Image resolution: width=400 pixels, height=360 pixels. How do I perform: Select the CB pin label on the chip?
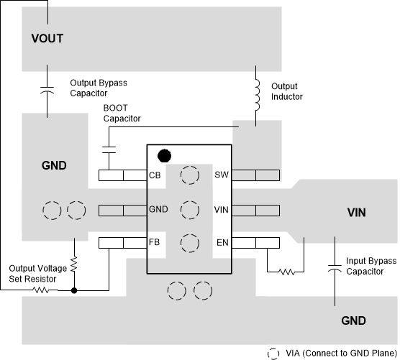pyautogui.click(x=155, y=175)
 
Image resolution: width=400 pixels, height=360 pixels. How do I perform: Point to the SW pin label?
pyautogui.click(x=222, y=175)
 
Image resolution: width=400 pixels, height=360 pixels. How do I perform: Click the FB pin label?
pyautogui.click(x=155, y=243)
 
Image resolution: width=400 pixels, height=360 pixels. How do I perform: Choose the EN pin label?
pyautogui.click(x=222, y=243)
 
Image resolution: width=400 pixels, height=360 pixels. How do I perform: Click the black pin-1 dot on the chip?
pyautogui.click(x=165, y=154)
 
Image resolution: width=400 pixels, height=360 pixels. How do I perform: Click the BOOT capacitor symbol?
pyautogui.click(x=109, y=149)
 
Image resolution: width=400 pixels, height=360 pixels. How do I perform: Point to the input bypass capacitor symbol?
pyautogui.click(x=335, y=269)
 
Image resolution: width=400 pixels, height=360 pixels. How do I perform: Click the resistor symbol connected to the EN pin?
pyautogui.click(x=287, y=272)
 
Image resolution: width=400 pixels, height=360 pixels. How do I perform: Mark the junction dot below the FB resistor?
pyautogui.click(x=74, y=290)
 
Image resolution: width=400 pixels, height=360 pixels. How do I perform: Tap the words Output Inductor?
pyautogui.click(x=287, y=91)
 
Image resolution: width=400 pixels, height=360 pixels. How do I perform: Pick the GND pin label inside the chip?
pyautogui.click(x=158, y=210)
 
